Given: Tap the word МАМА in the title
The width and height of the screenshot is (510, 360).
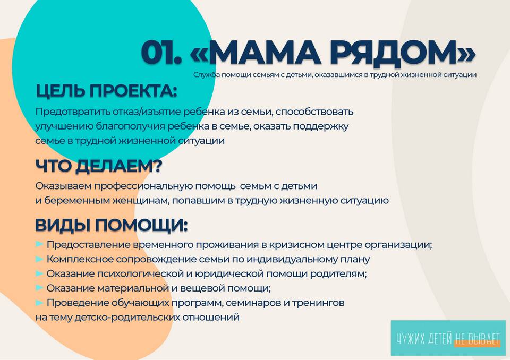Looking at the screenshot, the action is pos(263,53).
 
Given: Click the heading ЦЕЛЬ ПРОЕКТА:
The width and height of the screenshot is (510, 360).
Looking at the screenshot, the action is pos(106,91).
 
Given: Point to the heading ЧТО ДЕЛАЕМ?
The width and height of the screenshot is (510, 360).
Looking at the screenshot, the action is pos(99,166).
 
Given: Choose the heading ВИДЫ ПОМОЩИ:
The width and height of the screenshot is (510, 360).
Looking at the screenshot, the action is pos(111,225).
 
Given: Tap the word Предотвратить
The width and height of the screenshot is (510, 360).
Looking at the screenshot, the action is pos(73,112).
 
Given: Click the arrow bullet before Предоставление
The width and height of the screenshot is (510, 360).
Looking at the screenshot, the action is pos(39,244).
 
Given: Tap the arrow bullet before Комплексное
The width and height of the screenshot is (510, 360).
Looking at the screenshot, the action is pos(39,259).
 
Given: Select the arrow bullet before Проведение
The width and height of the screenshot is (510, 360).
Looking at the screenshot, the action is pos(39,303).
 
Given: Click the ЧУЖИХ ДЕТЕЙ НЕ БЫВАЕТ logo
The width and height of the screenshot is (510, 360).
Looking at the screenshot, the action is pos(448,338).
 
